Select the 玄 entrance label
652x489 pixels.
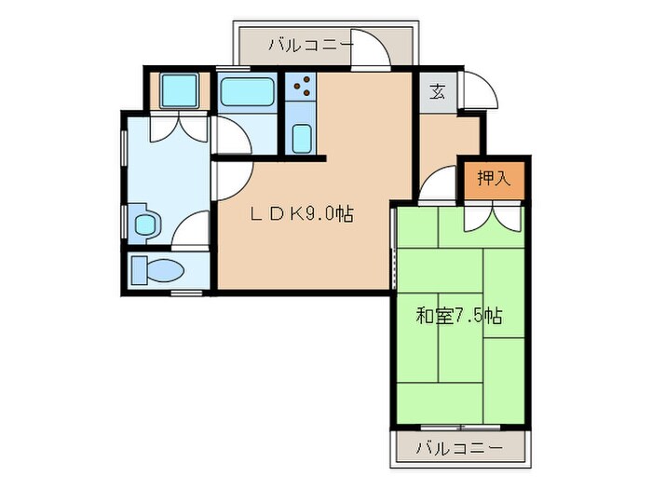pos(437,91)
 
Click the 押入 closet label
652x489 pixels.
pos(494,179)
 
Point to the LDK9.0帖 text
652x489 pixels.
pos(300,213)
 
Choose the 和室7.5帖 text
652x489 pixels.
pos(458,315)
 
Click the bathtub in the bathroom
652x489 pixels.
pos(247,92)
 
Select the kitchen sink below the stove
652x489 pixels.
pos(301,139)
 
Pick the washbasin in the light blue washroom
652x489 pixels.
pos(144,224)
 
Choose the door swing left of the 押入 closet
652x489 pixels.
pos(437,187)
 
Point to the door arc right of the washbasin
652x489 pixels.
pos(192,230)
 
